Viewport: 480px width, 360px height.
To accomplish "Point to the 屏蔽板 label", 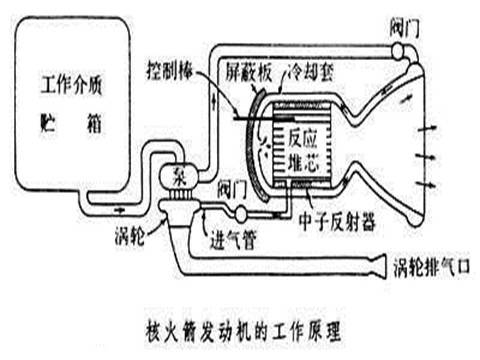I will click(x=233, y=73).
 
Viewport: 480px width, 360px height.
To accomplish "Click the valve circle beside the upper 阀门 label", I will click(x=397, y=51).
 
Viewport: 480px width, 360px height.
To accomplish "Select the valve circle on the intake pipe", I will click(x=242, y=211).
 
